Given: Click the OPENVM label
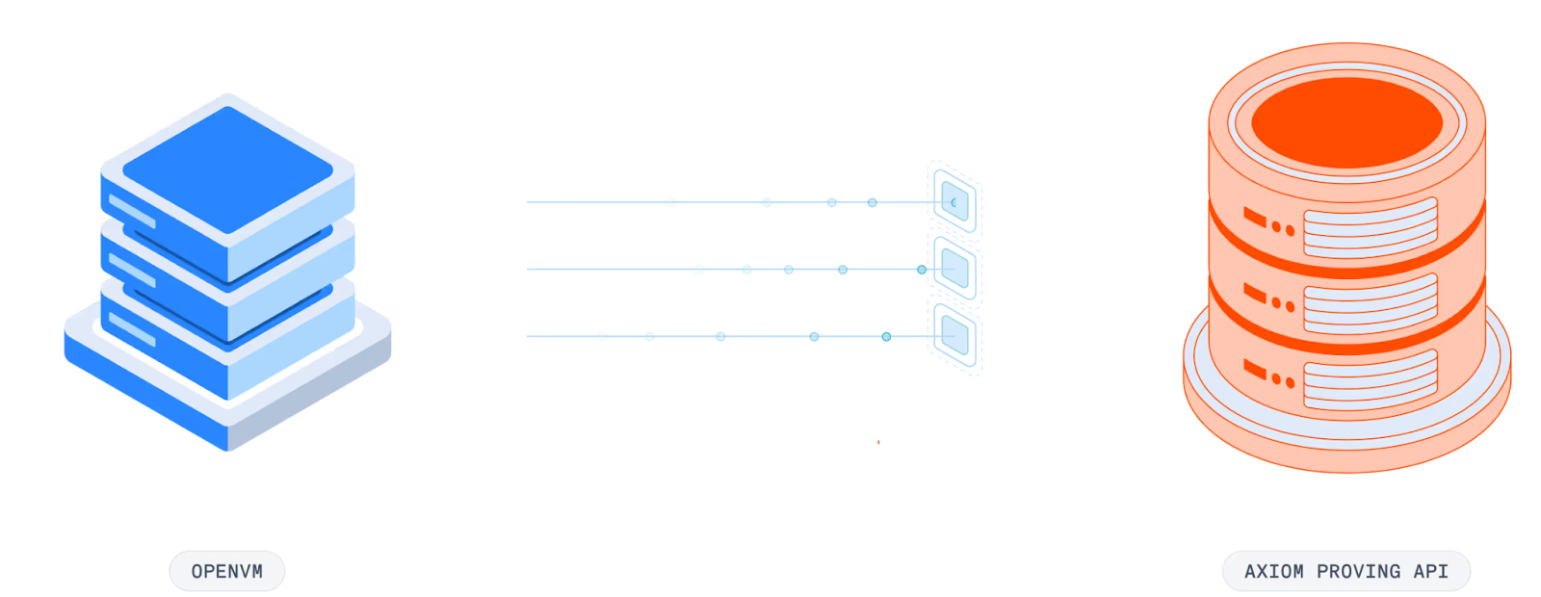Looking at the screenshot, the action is coord(227,571).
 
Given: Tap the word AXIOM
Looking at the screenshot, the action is coord(1273,571).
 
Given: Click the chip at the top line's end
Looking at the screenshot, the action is coord(953,201).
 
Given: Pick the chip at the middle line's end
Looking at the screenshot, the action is coord(953,268).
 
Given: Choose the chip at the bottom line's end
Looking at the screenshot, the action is coord(954,334).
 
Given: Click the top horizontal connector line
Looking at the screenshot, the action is coord(597,202).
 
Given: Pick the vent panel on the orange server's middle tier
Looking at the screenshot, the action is coord(1370,303).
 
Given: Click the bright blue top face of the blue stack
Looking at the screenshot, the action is coord(227,169).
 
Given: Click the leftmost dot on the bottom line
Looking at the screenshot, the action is coord(602,336).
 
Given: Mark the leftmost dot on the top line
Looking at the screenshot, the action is coord(670,202).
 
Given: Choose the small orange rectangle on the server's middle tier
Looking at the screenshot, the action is coord(1253,291).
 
